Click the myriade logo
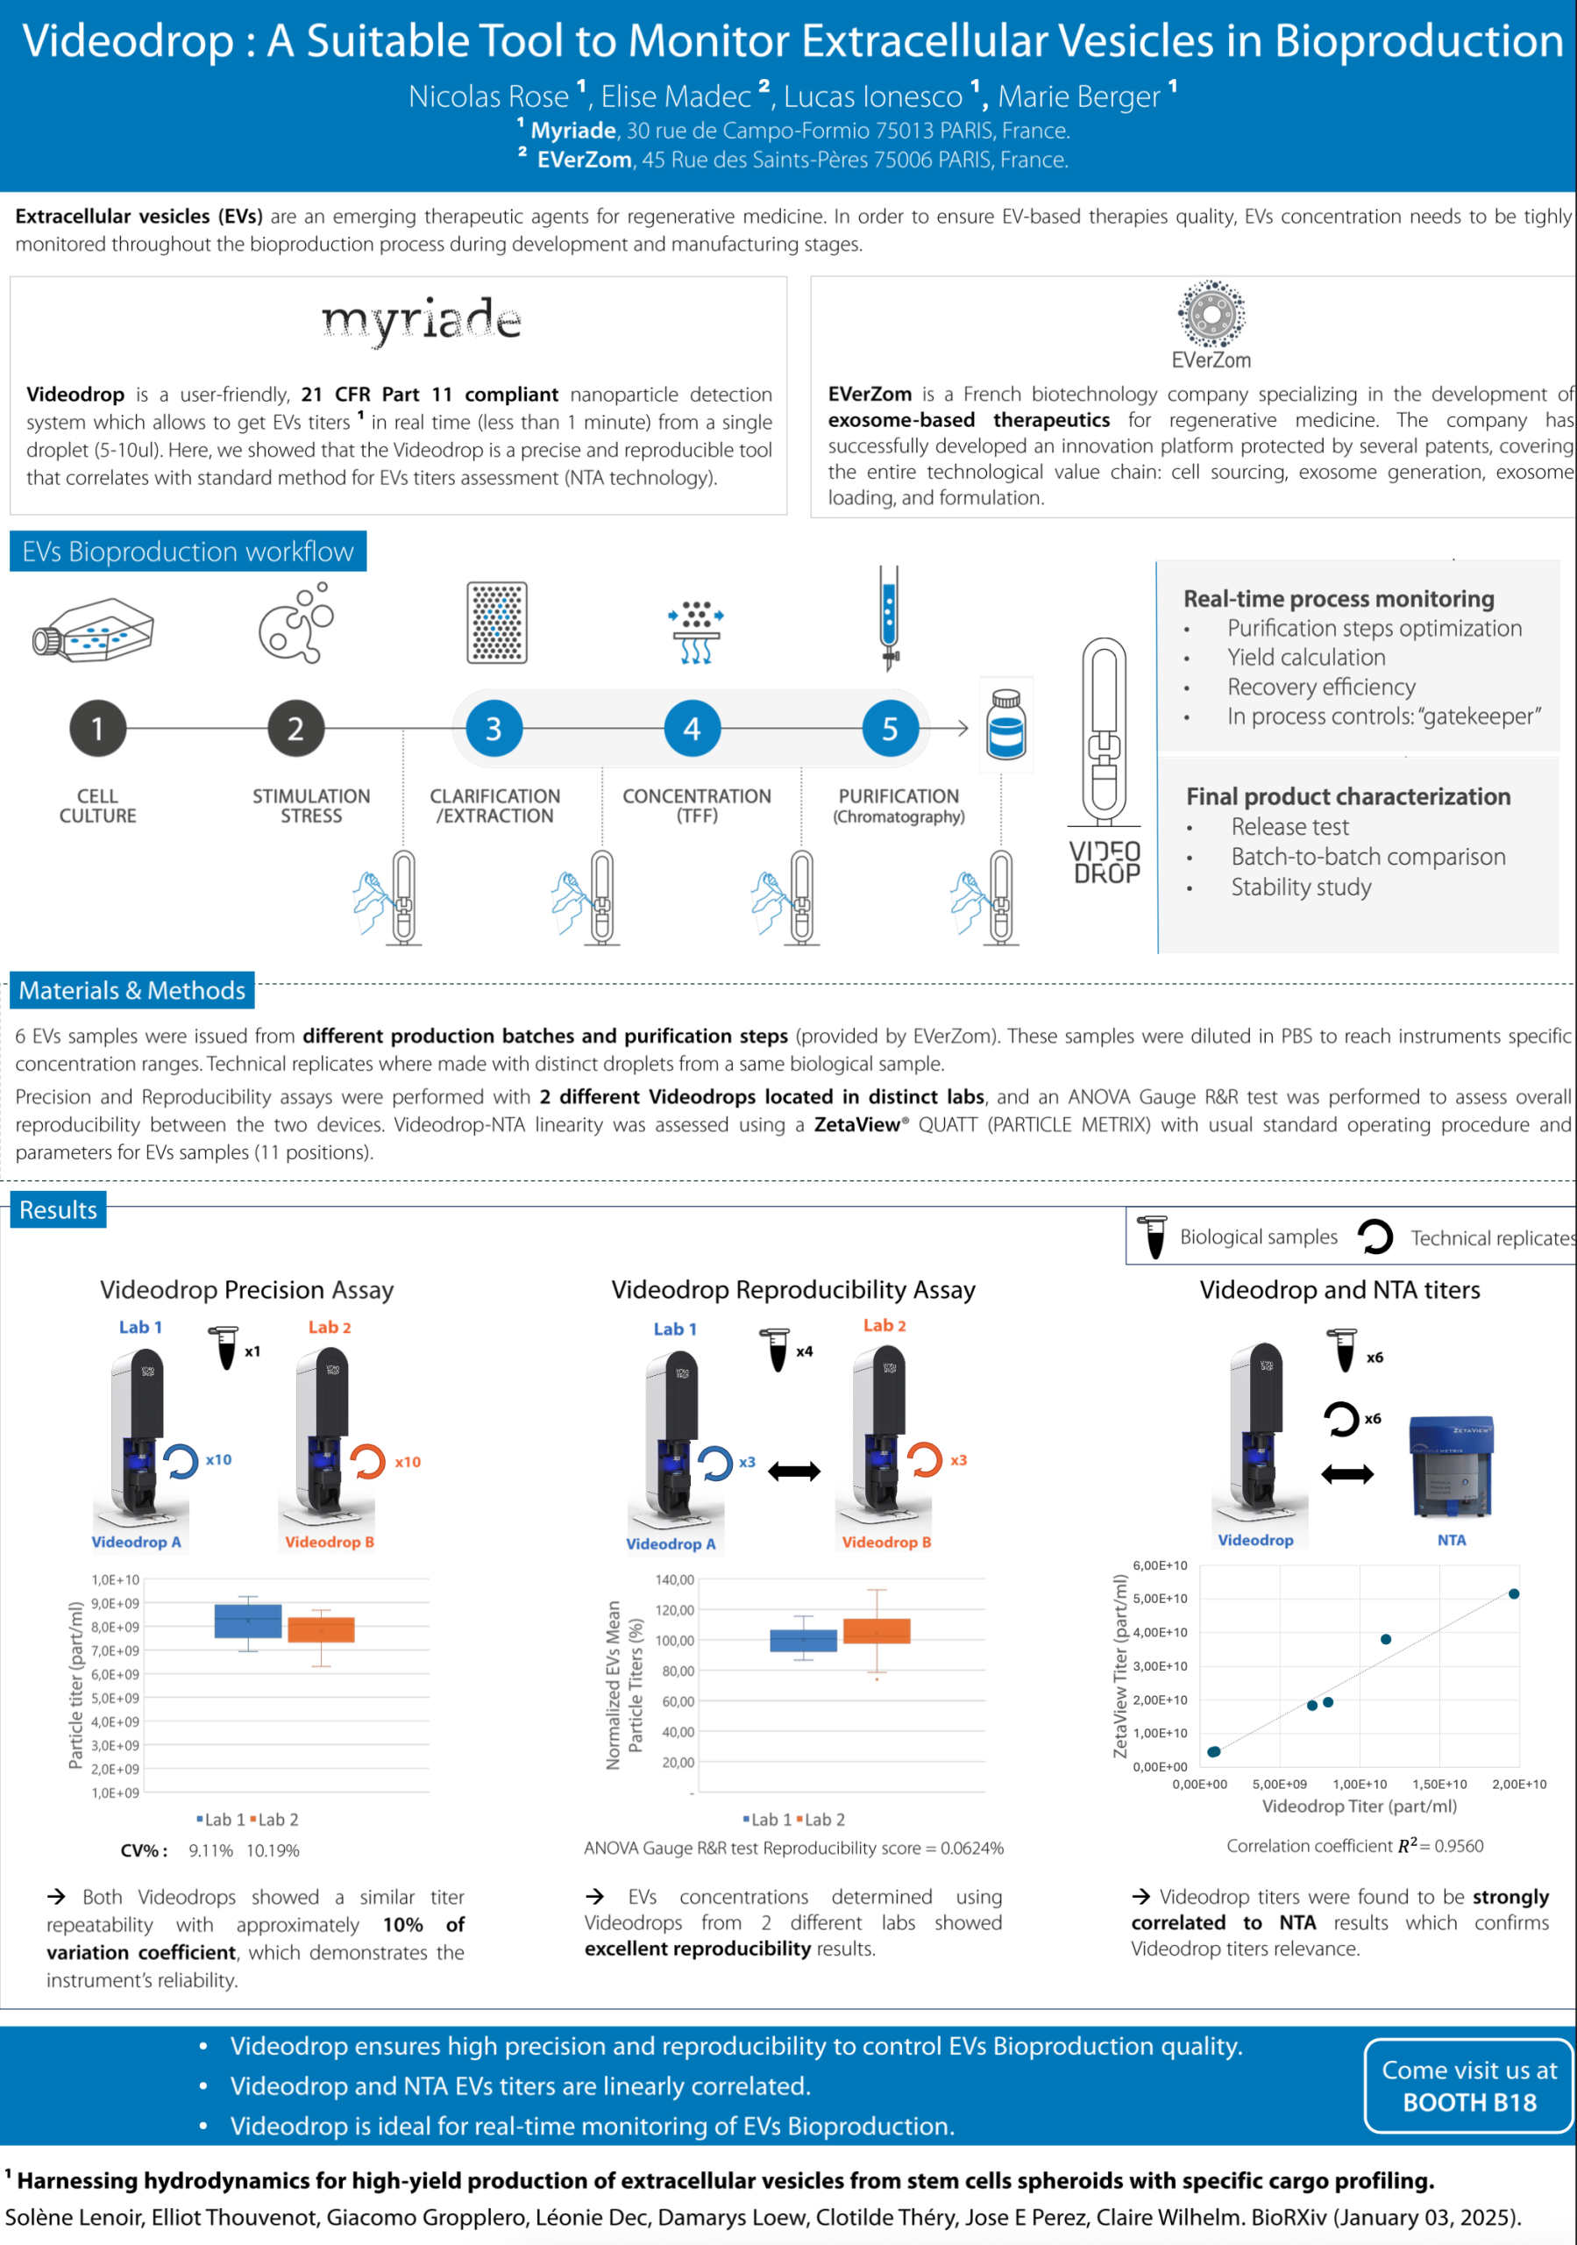tap(422, 320)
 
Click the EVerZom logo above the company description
tap(1211, 323)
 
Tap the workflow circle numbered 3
tap(494, 729)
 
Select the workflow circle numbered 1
tap(98, 729)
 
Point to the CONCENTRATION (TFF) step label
tap(696, 806)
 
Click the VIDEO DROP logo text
tap(1105, 861)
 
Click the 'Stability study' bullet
tap(1300, 887)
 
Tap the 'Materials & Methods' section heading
tap(132, 990)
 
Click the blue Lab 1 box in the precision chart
tap(247, 1621)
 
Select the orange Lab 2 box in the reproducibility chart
tap(876, 1631)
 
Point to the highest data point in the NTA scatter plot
tap(1514, 1593)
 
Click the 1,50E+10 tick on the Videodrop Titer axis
tap(1439, 1785)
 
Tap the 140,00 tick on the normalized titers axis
tap(675, 1580)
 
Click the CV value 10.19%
tap(273, 1851)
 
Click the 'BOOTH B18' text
tap(1468, 2102)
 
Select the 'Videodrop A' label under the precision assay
tap(136, 1542)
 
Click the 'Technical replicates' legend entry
tap(1492, 1238)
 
